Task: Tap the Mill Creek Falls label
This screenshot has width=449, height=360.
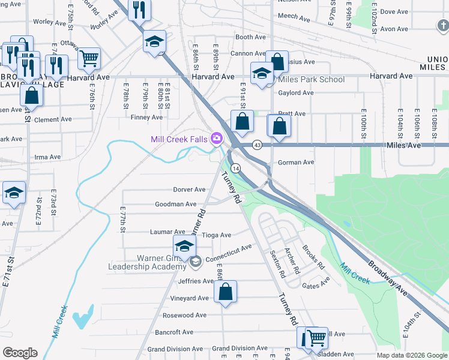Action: (x=179, y=140)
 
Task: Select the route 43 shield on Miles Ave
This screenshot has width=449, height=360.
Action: (x=257, y=145)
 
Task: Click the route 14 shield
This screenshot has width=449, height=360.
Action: (x=236, y=169)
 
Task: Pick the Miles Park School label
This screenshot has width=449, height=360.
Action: (x=311, y=79)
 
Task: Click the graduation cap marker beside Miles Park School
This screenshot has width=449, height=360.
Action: (x=262, y=73)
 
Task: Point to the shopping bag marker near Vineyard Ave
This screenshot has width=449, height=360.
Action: (x=225, y=292)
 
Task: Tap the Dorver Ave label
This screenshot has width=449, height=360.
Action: (x=190, y=190)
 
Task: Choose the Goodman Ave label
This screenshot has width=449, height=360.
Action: (x=176, y=205)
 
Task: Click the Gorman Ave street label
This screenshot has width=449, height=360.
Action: (x=296, y=162)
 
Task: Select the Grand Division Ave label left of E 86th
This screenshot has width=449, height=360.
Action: (x=175, y=349)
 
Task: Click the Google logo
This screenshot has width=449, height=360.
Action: (x=20, y=353)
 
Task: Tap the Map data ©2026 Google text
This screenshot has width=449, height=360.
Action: (x=411, y=355)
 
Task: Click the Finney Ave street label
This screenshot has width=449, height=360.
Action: (x=146, y=118)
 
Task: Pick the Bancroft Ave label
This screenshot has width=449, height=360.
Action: (x=174, y=332)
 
